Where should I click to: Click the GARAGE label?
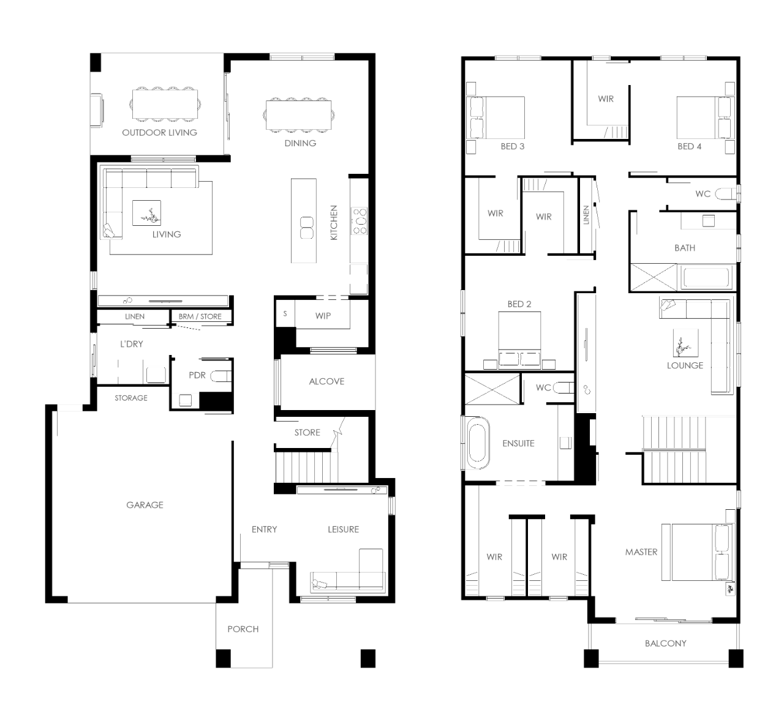pos(145,505)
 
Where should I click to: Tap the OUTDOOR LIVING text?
pos(159,133)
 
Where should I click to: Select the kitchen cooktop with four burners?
pos(359,221)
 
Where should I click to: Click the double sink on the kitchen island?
pos(306,228)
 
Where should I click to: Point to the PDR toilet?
pos(221,376)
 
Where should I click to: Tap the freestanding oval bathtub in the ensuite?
pos(479,443)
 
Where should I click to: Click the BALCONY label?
pos(666,643)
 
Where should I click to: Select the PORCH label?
pos(243,629)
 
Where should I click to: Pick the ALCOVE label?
pos(326,381)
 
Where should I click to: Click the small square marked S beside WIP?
pos(285,314)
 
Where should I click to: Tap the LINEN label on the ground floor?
pos(135,316)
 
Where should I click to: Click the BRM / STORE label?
pos(200,316)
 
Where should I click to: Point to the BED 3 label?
pos(512,147)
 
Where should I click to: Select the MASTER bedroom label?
pos(641,552)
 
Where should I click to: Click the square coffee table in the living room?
pos(146,213)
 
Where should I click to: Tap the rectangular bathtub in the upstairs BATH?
pos(706,277)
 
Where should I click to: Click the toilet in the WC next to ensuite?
pos(564,387)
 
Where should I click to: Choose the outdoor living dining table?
pos(165,105)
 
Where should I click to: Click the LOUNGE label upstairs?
pos(685,365)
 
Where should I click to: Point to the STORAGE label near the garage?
pos(131,398)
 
